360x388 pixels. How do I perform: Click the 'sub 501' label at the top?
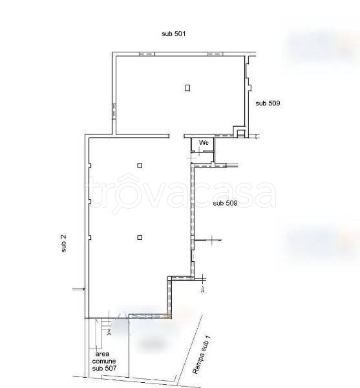click(x=174, y=34)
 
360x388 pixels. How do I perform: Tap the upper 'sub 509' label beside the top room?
click(x=268, y=103)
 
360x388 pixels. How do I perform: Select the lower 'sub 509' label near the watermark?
click(x=225, y=203)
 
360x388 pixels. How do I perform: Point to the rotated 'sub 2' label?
click(x=64, y=243)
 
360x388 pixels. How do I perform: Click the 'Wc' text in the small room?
click(x=204, y=143)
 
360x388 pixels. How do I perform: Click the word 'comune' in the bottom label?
click(x=104, y=361)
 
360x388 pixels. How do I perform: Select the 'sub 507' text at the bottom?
click(x=104, y=368)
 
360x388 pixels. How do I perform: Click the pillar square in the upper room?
click(x=187, y=88)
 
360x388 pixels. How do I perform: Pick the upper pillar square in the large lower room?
click(x=140, y=166)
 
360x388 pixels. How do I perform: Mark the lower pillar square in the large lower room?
click(x=140, y=237)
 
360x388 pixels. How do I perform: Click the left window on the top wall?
click(x=147, y=54)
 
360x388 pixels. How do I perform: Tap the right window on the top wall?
click(x=215, y=54)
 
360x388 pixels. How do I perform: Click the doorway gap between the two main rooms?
click(x=176, y=136)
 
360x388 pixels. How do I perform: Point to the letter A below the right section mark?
click(x=202, y=290)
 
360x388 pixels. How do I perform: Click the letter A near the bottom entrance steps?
click(x=109, y=332)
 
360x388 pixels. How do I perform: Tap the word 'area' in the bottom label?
click(x=102, y=354)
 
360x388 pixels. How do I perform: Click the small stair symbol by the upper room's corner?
click(x=240, y=135)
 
